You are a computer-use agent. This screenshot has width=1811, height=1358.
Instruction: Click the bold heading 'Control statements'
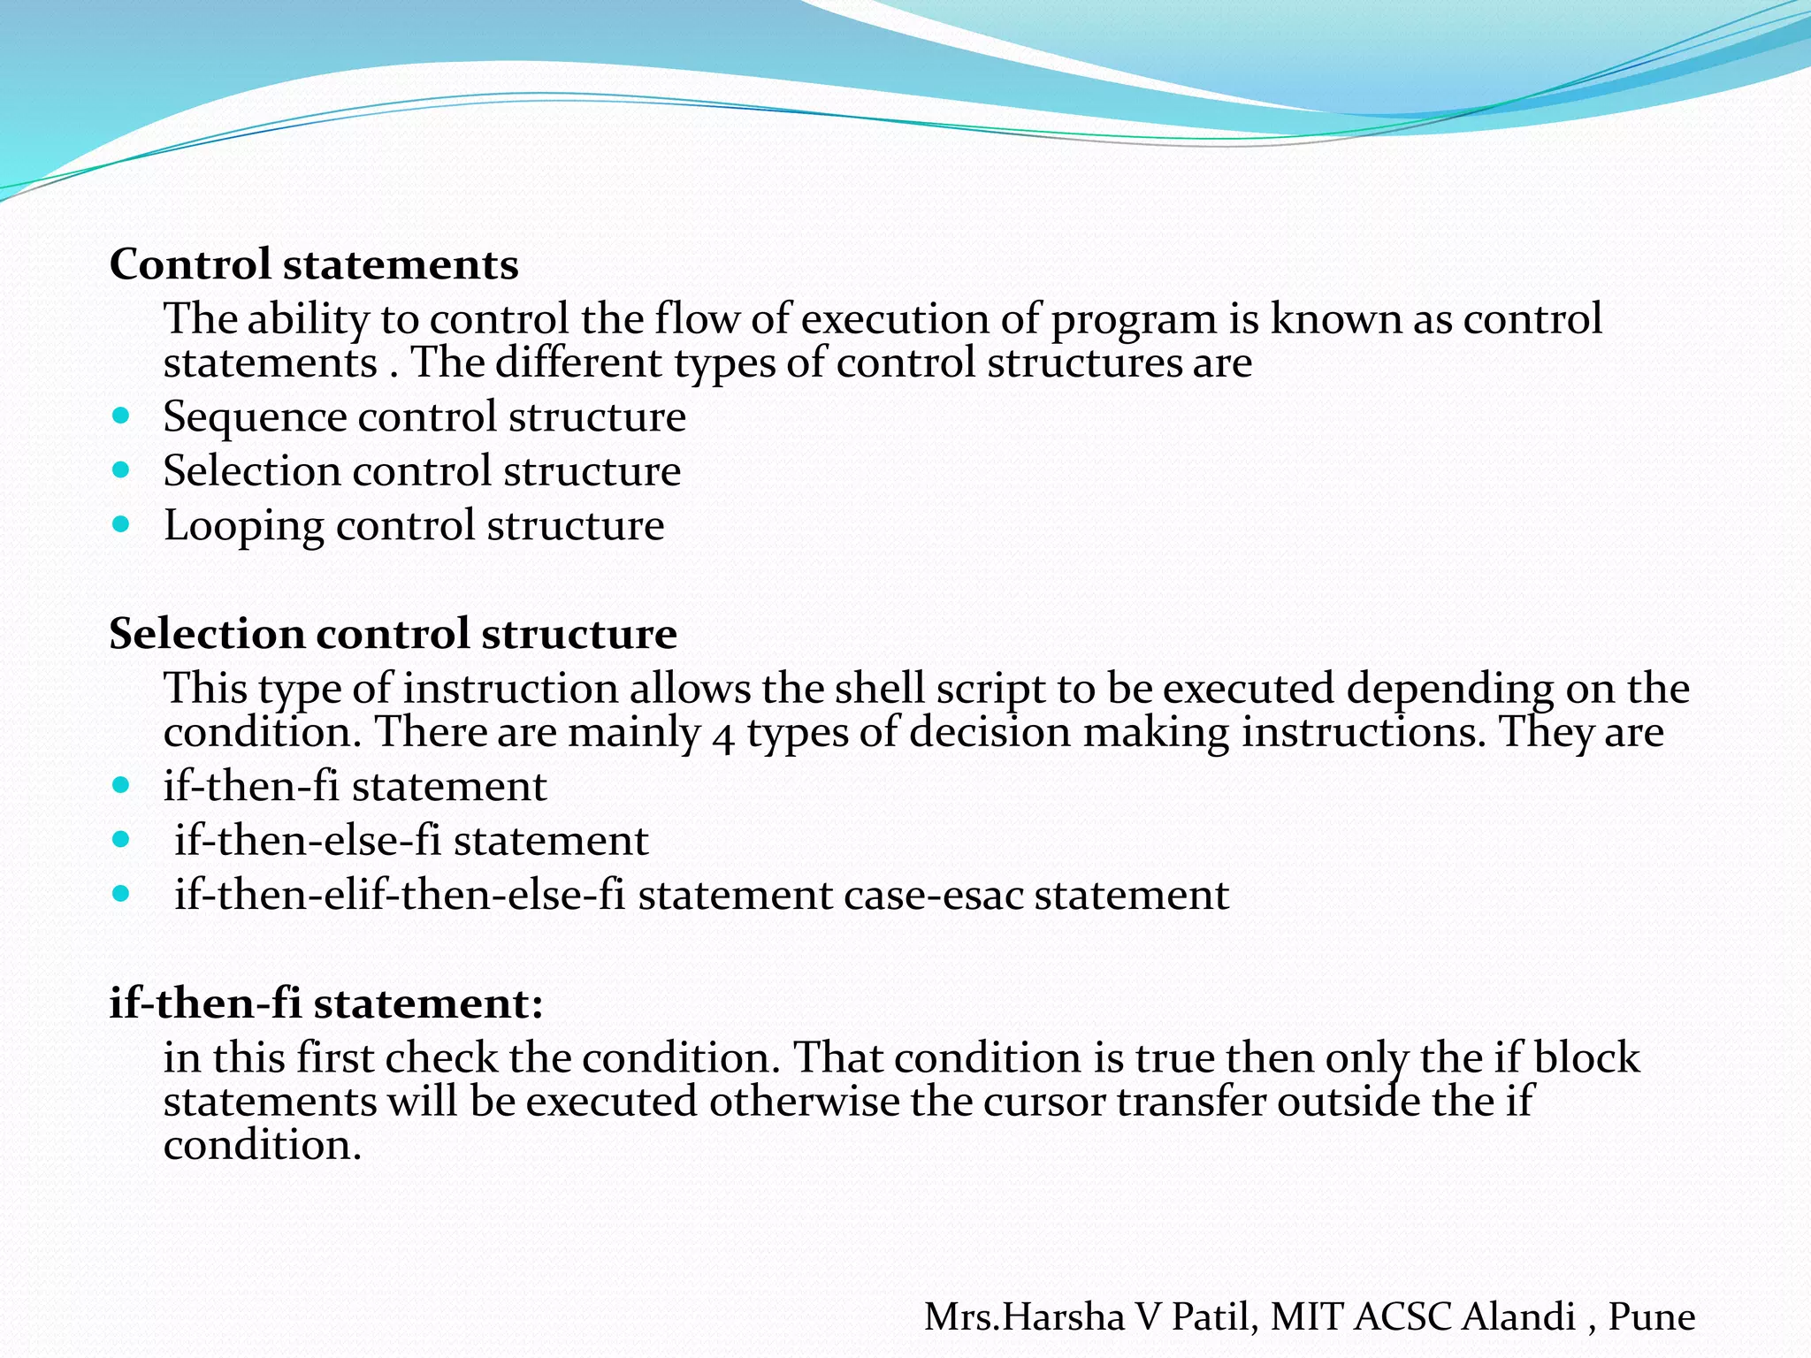(314, 264)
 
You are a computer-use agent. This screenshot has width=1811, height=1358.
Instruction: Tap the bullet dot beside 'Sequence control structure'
(122, 415)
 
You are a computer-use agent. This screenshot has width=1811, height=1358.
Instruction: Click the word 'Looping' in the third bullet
(244, 527)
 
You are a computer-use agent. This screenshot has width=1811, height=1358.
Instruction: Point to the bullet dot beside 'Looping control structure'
(122, 524)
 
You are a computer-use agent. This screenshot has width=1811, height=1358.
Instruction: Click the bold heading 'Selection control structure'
(393, 634)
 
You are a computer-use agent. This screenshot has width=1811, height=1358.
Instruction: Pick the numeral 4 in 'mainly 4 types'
(723, 736)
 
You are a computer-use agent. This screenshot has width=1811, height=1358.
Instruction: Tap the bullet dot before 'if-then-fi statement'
(122, 783)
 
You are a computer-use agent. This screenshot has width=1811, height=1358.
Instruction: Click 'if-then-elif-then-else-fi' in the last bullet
(399, 895)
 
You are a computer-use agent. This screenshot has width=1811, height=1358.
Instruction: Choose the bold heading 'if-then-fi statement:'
(326, 1003)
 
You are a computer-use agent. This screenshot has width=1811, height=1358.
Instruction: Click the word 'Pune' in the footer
(1651, 1316)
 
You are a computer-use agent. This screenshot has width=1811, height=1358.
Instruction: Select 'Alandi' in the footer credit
(1518, 1316)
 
